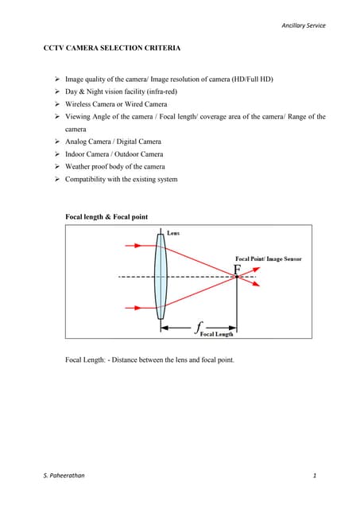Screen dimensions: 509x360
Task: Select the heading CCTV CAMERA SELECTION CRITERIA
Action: (111, 49)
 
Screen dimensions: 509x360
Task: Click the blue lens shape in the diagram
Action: (162, 275)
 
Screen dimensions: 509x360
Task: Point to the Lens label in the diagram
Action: (173, 233)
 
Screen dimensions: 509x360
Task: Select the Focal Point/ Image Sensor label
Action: (268, 258)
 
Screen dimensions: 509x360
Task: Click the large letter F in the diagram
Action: (238, 268)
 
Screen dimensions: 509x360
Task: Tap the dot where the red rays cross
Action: (236, 276)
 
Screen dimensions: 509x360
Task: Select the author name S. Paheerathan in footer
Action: (66, 476)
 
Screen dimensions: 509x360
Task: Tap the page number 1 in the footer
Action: (315, 476)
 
